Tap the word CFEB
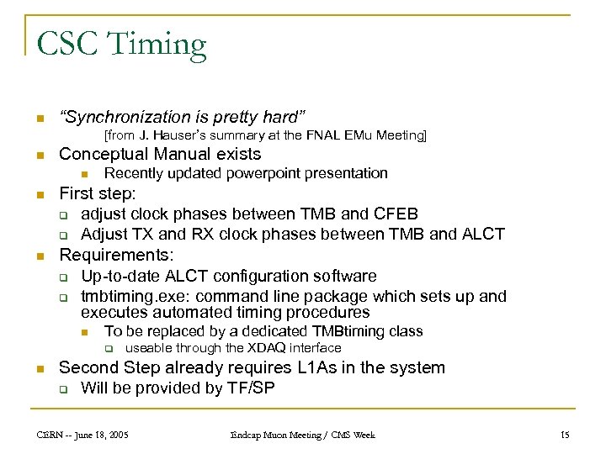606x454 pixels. coord(395,214)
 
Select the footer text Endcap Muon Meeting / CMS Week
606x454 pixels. coord(302,435)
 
